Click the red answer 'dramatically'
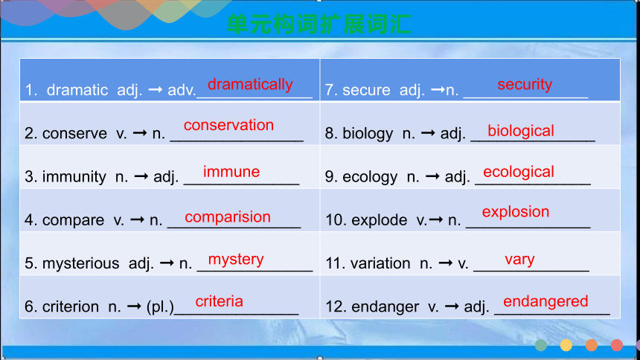[x=250, y=85]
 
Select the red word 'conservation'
[x=228, y=125]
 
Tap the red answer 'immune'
[x=231, y=171]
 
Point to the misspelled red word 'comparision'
[x=228, y=217]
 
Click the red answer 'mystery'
[x=236, y=260]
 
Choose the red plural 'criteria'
[x=220, y=301]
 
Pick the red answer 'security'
[x=525, y=85]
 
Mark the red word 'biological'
[x=521, y=131]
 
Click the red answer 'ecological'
[x=519, y=172]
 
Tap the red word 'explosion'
[x=516, y=212]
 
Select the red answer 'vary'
[x=519, y=260]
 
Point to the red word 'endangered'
[x=545, y=302]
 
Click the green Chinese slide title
[x=319, y=24]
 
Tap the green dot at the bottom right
[x=541, y=345]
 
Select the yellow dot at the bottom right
[x=566, y=345]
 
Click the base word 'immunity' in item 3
[x=74, y=177]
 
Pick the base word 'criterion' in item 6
[x=71, y=306]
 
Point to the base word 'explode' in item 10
[x=380, y=220]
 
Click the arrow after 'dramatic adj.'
[x=155, y=89]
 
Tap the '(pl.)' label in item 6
[x=160, y=307]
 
